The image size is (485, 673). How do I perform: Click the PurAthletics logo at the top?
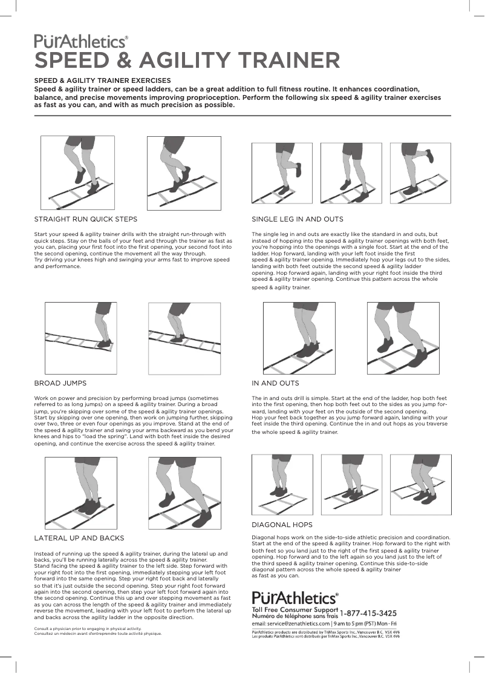click(81, 41)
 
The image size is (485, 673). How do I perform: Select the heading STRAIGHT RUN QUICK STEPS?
click(85, 219)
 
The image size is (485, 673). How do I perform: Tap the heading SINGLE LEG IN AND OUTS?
click(298, 219)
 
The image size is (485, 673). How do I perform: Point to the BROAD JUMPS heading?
click(60, 383)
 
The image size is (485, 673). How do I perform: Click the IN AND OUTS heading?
click(275, 383)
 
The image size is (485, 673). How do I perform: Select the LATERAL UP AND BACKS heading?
click(79, 538)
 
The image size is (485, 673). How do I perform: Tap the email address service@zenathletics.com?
click(291, 623)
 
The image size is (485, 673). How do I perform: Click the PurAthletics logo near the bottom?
click(295, 598)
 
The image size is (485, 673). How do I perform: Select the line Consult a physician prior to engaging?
click(82, 629)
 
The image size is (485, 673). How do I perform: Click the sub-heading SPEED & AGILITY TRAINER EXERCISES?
click(102, 80)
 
